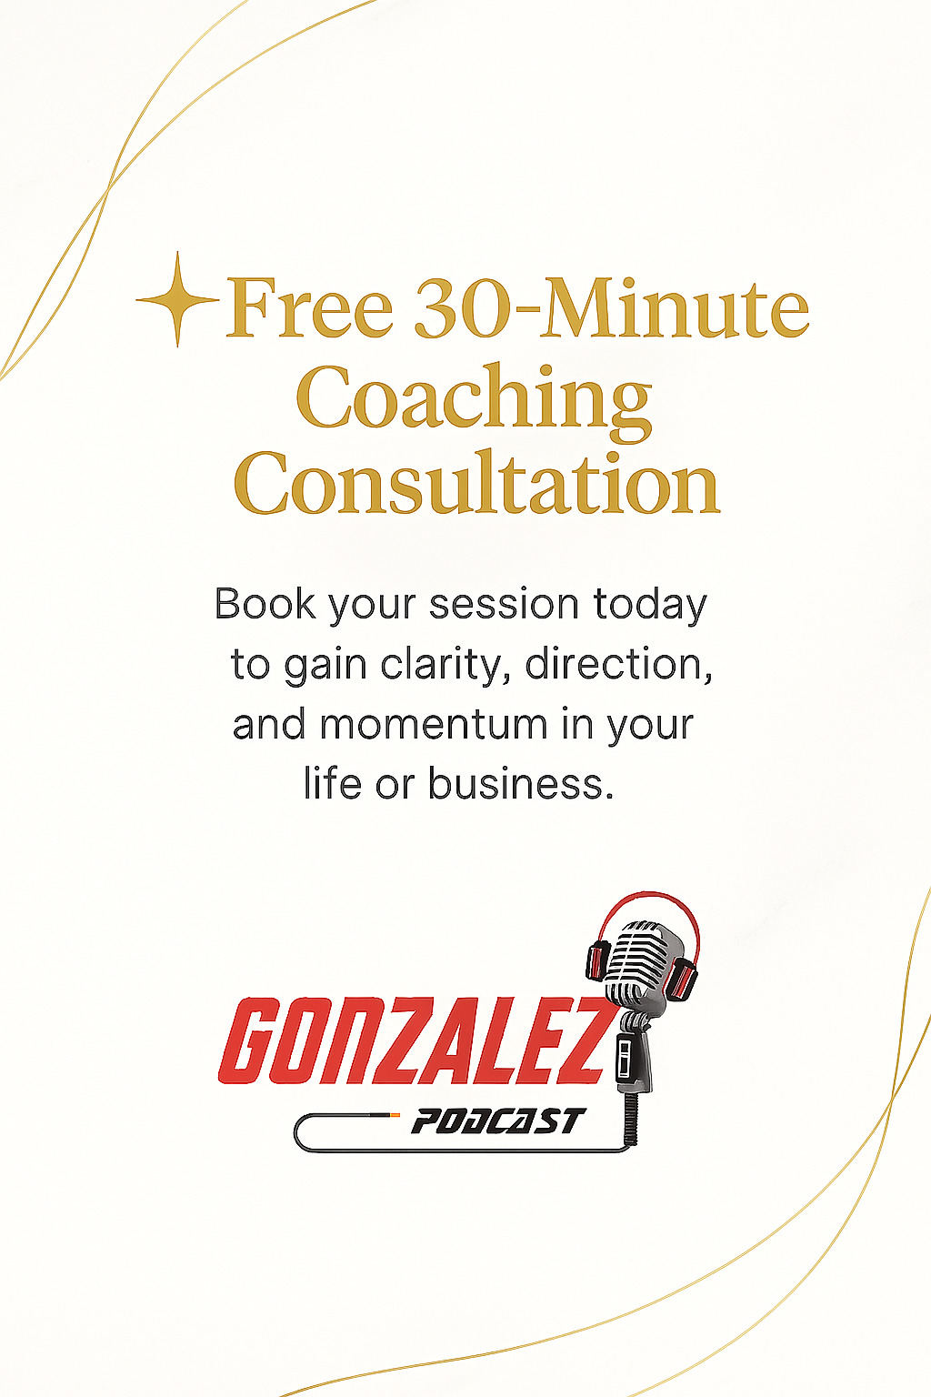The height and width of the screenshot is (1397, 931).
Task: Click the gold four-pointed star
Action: [177, 299]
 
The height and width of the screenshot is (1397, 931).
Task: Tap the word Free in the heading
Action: [309, 308]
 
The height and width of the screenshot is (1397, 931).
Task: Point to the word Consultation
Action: [477, 483]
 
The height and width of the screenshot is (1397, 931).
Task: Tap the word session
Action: [504, 605]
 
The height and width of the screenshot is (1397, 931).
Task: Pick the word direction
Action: [618, 664]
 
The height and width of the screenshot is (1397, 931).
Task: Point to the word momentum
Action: [434, 725]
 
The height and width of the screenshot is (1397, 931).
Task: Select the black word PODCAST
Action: [498, 1121]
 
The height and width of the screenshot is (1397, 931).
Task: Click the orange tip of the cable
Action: [394, 1114]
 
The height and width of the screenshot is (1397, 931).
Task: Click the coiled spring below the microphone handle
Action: [631, 1119]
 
